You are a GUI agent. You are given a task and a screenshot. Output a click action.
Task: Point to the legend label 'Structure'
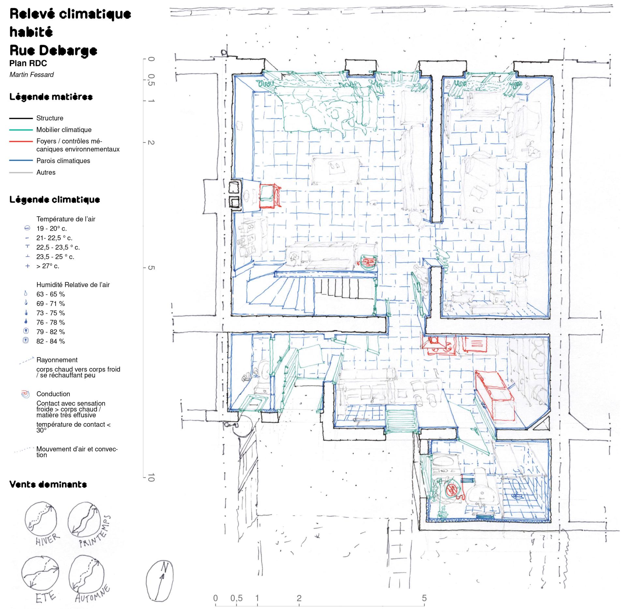point(50,118)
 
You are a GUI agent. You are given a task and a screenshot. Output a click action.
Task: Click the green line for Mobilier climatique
point(21,130)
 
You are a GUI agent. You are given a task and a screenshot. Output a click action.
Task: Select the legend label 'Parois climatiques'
point(63,161)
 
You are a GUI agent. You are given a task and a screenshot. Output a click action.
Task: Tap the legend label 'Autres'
point(46,172)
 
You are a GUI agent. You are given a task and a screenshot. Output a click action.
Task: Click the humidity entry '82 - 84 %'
point(51,341)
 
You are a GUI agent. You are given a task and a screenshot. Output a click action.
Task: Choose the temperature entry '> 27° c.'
point(48,266)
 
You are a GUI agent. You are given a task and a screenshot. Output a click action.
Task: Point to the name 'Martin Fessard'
point(32,75)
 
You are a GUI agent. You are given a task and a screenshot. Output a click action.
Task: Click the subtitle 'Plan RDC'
point(28,63)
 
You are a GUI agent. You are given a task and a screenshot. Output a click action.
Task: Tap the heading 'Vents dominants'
point(48,484)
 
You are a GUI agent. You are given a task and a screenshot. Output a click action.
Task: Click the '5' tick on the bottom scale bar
point(424,598)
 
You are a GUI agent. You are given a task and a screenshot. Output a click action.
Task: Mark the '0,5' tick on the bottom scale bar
point(236,598)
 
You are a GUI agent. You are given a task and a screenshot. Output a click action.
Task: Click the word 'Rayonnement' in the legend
point(57,360)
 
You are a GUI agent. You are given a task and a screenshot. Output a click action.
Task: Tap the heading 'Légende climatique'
point(55,200)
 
